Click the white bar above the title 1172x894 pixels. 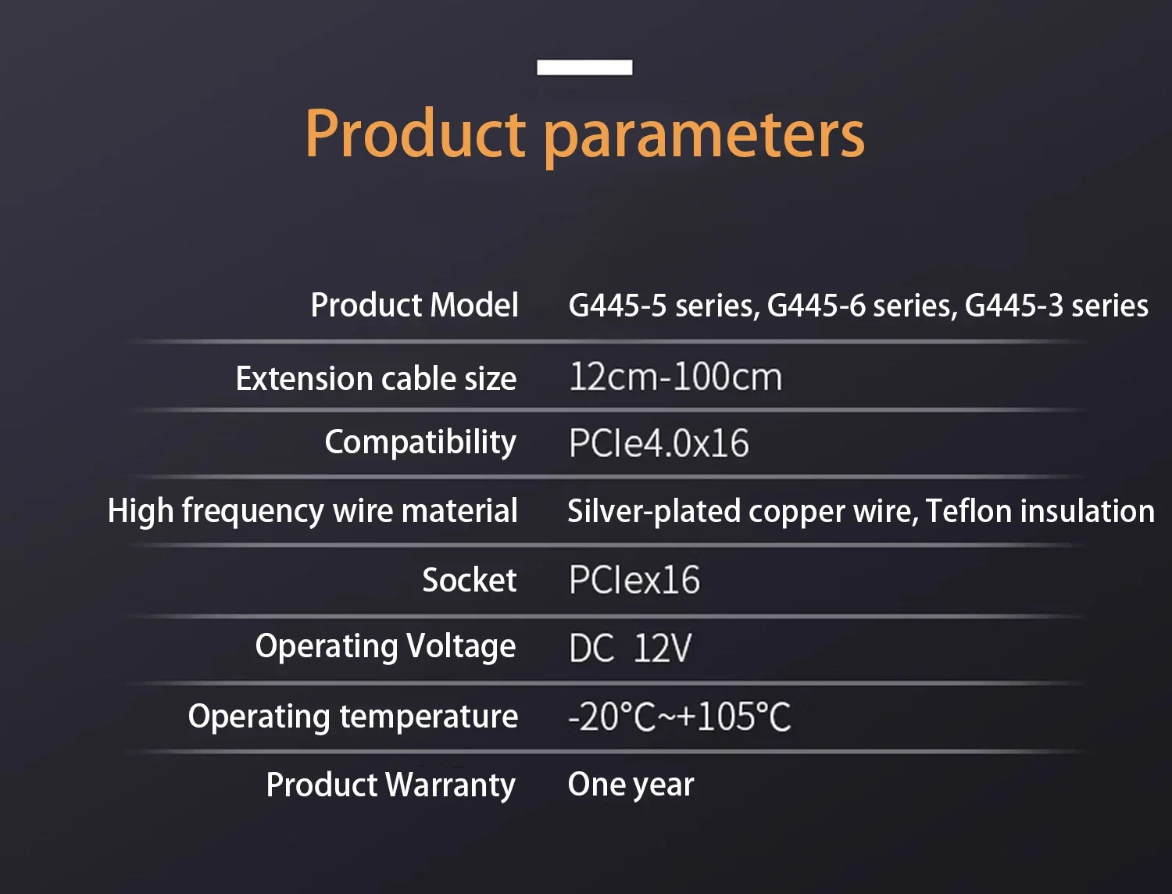point(584,68)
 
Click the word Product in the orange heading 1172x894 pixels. point(416,133)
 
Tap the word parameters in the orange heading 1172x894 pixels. point(704,138)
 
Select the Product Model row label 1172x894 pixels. point(414,305)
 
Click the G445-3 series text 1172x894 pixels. point(1056,306)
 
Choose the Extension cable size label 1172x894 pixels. point(376,378)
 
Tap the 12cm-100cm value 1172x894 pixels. point(675,377)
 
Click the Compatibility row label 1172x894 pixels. point(420,443)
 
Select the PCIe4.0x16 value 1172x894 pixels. point(659,443)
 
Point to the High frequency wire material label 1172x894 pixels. point(313,511)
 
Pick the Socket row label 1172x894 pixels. point(470,580)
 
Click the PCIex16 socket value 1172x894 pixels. point(634,580)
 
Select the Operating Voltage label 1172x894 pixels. point(385,647)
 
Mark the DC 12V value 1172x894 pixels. point(630,648)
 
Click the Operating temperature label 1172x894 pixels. point(353,717)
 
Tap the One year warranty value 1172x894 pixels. point(631,785)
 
